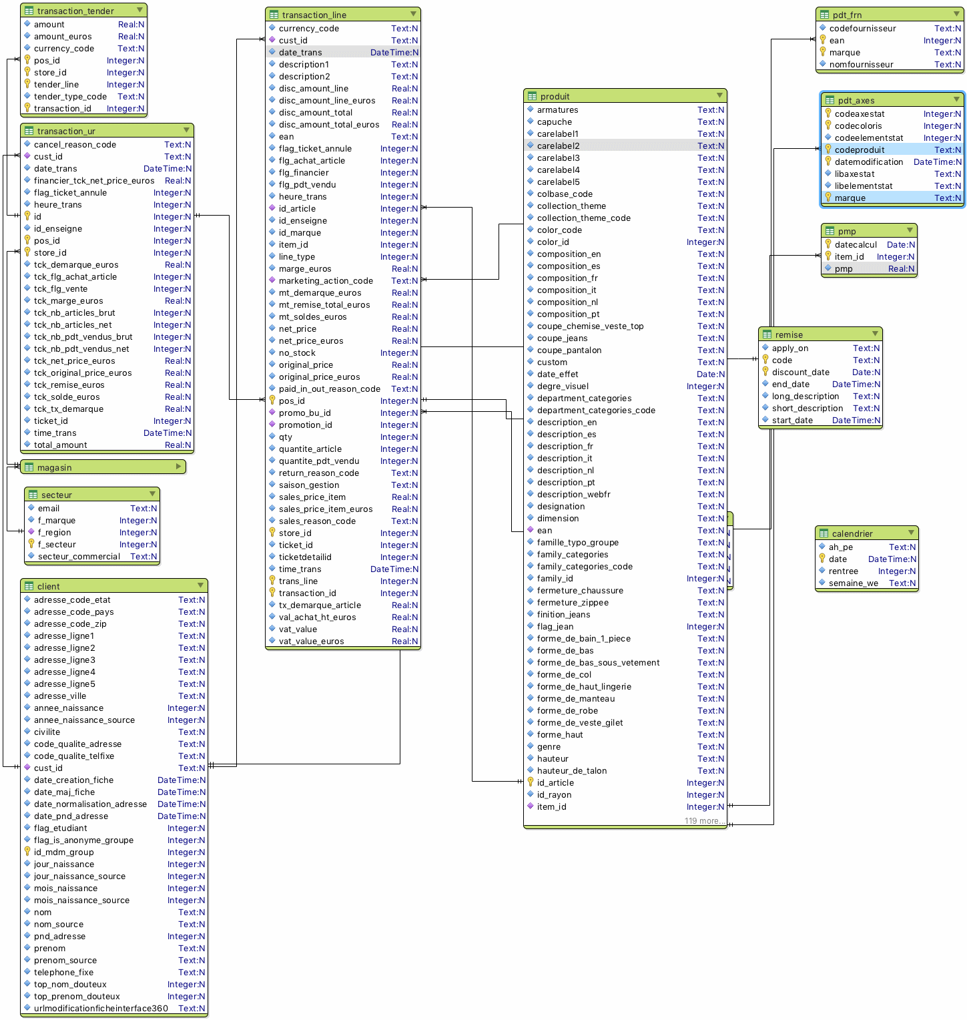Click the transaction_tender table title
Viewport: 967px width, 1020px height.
(x=75, y=11)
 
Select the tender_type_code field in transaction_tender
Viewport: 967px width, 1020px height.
(x=70, y=97)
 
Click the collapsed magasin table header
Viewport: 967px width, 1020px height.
(x=55, y=468)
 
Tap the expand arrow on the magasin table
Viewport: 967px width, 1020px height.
(x=178, y=467)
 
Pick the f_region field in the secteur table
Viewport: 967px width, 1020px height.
(x=54, y=533)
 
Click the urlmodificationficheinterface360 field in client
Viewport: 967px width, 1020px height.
(x=101, y=1009)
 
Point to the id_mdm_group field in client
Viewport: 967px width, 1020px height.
(x=64, y=852)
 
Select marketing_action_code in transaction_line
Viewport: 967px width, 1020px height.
(x=326, y=281)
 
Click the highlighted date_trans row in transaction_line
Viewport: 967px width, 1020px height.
(x=300, y=53)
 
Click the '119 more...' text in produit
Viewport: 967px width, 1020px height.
(x=703, y=821)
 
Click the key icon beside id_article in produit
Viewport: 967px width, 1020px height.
(x=531, y=782)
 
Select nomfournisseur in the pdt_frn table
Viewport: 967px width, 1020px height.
(x=861, y=65)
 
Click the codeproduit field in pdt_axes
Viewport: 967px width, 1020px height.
(x=860, y=150)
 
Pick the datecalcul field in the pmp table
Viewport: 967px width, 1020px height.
(x=856, y=245)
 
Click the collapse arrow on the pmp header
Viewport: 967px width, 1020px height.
(x=908, y=230)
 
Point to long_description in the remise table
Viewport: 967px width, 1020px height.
(x=805, y=397)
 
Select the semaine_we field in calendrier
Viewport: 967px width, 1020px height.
(x=853, y=583)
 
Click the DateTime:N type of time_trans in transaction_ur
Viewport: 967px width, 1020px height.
(x=168, y=433)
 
